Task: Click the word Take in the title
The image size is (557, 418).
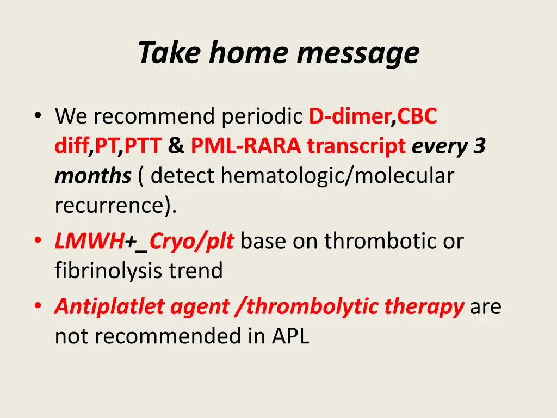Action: (x=170, y=52)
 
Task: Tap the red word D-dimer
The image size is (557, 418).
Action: (x=350, y=116)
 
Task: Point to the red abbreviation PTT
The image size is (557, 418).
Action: (x=143, y=146)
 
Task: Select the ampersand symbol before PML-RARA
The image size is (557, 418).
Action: (x=176, y=146)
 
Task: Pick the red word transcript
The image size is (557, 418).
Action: (x=356, y=146)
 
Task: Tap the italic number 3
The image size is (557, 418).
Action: (x=479, y=146)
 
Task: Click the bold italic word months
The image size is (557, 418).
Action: (x=93, y=176)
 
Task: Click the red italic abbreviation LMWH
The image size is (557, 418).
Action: (x=89, y=241)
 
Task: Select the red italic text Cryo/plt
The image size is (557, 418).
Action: (x=191, y=242)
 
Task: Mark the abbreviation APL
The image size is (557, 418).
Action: (x=290, y=336)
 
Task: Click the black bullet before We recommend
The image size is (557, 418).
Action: (x=38, y=115)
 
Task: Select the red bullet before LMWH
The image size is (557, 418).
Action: (x=38, y=241)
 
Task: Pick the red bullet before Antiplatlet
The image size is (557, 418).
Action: (x=38, y=306)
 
